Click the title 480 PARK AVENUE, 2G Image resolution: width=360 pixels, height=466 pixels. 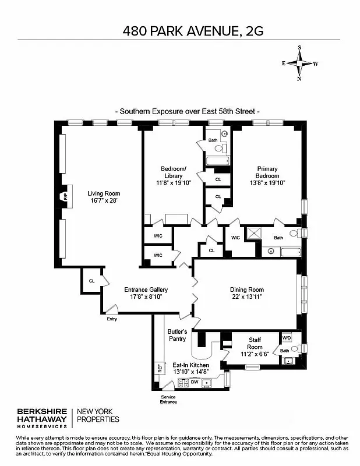[193, 31]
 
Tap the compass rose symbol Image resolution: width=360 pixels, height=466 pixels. [299, 63]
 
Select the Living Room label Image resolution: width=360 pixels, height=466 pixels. [104, 193]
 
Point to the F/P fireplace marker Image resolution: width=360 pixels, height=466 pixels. [65, 197]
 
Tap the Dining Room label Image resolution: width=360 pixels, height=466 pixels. [247, 290]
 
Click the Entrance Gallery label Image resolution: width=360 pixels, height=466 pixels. [146, 290]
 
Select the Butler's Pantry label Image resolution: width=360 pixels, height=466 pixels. [177, 334]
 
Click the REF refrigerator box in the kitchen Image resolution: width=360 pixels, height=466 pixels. [158, 368]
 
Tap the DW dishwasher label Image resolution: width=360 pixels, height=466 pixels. [195, 382]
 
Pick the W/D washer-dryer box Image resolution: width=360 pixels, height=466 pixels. [287, 338]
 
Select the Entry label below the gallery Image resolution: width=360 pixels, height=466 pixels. [111, 319]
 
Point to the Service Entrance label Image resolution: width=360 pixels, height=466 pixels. [168, 400]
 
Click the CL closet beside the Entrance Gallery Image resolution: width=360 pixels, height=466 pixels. [91, 281]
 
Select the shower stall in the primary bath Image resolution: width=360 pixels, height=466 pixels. [254, 234]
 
